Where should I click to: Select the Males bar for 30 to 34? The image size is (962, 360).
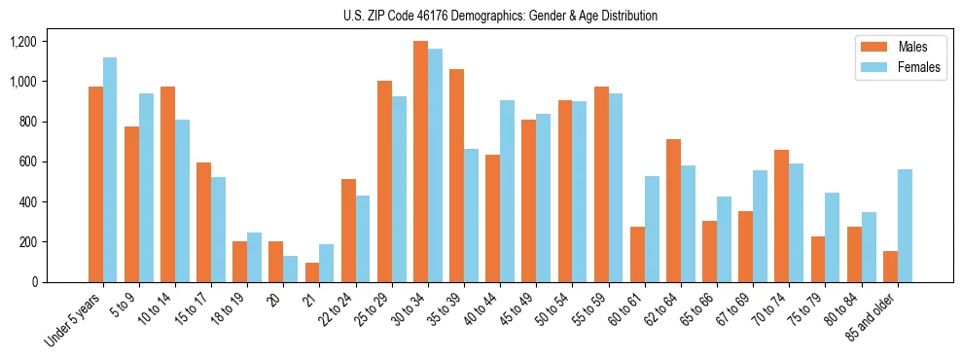[420, 162]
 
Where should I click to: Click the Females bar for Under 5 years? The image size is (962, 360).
[110, 170]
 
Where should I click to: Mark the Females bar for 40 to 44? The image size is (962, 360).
[507, 192]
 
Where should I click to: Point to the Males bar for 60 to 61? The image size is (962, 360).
[637, 255]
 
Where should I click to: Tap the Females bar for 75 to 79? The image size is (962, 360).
[833, 237]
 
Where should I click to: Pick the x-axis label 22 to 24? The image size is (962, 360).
[336, 309]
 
